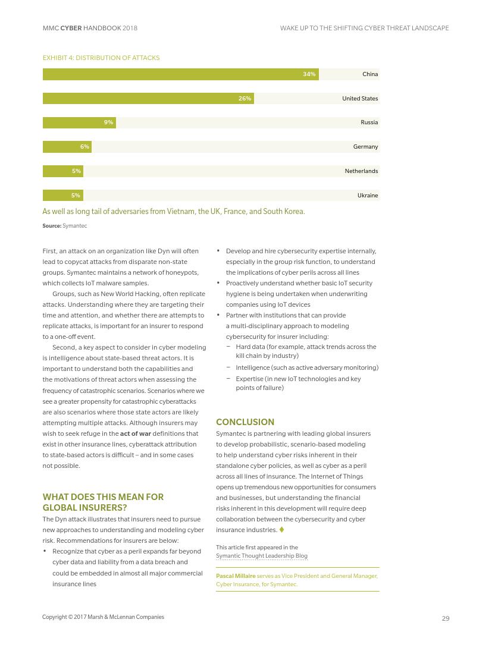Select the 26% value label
pos(245,99)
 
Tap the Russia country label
pos(369,122)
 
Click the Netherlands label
pos(361,171)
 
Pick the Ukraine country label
pos(368,196)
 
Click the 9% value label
pos(108,122)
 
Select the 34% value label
pos(309,74)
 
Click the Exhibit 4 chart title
pos(101,58)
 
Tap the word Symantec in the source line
pos(74,226)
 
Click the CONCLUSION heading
pos(245,422)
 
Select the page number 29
pos(446,618)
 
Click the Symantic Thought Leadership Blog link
pos(262,556)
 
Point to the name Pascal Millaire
pos(236,576)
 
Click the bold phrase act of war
pos(136,433)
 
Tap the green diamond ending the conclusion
pos(281,530)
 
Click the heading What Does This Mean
pos(103,502)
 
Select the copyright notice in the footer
pos(103,617)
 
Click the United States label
pos(360,99)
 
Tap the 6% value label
pos(84,147)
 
